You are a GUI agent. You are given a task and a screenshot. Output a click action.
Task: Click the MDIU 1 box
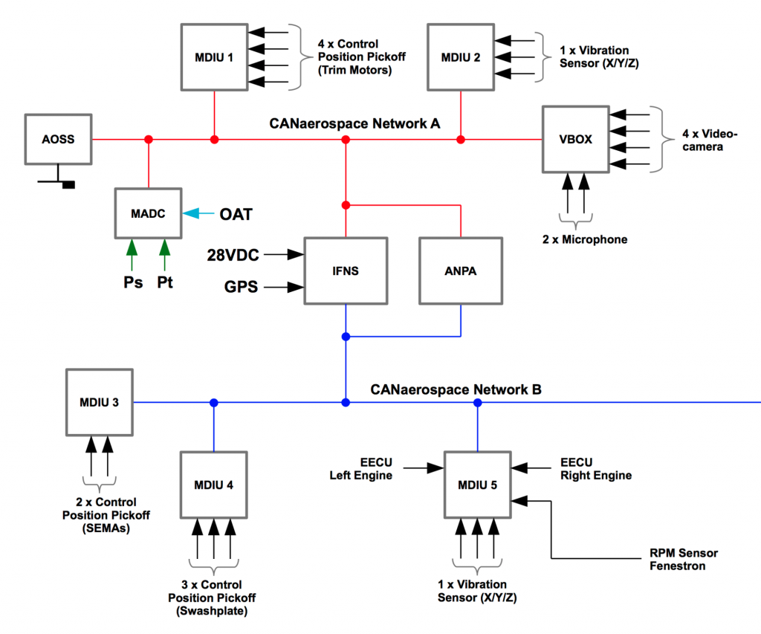point(215,56)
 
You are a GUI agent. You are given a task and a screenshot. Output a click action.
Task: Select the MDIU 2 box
point(462,56)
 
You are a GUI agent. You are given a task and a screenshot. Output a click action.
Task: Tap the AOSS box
point(59,139)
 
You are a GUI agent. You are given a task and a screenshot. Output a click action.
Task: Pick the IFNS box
point(346,271)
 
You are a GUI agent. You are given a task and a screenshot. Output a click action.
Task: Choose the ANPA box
point(462,271)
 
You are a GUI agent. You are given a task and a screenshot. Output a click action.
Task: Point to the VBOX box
point(576,139)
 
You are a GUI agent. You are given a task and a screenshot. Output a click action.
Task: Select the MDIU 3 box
point(100,402)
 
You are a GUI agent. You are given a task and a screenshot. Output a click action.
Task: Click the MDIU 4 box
point(214,485)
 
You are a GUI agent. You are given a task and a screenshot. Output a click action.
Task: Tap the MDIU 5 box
point(478,485)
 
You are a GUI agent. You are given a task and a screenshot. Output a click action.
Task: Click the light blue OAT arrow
point(198,214)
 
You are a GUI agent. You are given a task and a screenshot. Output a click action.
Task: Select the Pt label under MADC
point(164,283)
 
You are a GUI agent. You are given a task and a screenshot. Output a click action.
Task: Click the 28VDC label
point(233,255)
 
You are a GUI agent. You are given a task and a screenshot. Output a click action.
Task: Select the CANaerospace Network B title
point(456,389)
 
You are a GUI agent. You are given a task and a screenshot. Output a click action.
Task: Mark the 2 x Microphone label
point(584,239)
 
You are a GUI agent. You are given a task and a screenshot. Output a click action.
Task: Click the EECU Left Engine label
point(361,469)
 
